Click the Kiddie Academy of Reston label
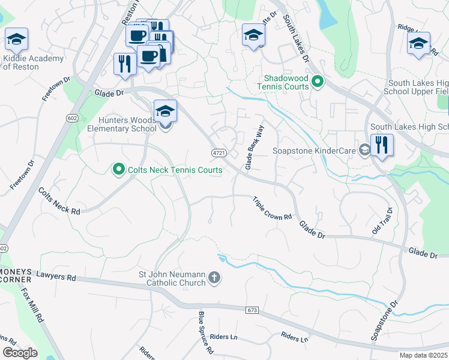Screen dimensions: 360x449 point(33,62)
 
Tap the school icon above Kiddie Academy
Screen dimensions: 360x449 point(17,40)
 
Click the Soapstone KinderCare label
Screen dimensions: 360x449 point(314,151)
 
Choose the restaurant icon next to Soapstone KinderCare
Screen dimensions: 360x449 point(381,145)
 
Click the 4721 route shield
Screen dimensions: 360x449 point(219,154)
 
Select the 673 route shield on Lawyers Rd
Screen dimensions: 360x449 point(253,310)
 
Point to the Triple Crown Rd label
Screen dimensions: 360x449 point(272,209)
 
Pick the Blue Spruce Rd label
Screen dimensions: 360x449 point(206,331)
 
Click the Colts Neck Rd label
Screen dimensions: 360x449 point(59,202)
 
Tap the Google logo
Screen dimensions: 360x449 point(20,353)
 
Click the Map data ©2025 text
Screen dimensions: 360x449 point(423,355)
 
